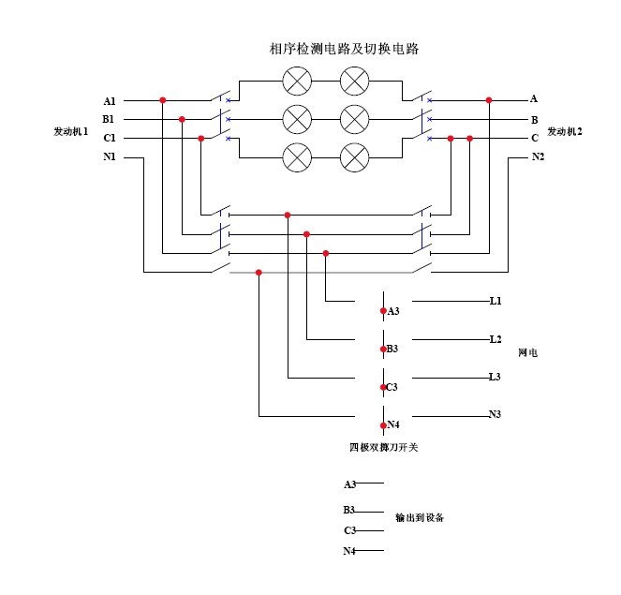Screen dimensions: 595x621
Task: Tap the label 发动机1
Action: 71,132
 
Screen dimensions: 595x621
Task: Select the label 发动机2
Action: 565,132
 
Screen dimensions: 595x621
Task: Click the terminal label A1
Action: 110,101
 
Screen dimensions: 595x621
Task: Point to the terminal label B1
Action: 110,120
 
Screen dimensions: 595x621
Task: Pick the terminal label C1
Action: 110,139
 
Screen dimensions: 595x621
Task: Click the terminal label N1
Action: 110,157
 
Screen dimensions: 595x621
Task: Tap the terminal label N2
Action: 538,157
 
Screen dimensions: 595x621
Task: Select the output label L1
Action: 495,302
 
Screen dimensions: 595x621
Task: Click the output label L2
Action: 495,339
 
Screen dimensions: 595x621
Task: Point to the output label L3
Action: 495,377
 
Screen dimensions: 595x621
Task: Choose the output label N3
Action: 495,414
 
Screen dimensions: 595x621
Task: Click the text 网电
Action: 527,354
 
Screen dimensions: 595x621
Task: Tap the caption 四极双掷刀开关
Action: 384,448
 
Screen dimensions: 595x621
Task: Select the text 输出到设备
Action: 420,517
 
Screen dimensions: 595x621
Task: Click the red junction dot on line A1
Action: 162,99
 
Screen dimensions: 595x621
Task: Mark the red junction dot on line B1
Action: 182,119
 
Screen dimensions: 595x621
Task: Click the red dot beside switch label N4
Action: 383,424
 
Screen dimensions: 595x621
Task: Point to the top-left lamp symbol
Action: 297,82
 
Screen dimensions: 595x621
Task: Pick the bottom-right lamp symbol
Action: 354,156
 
